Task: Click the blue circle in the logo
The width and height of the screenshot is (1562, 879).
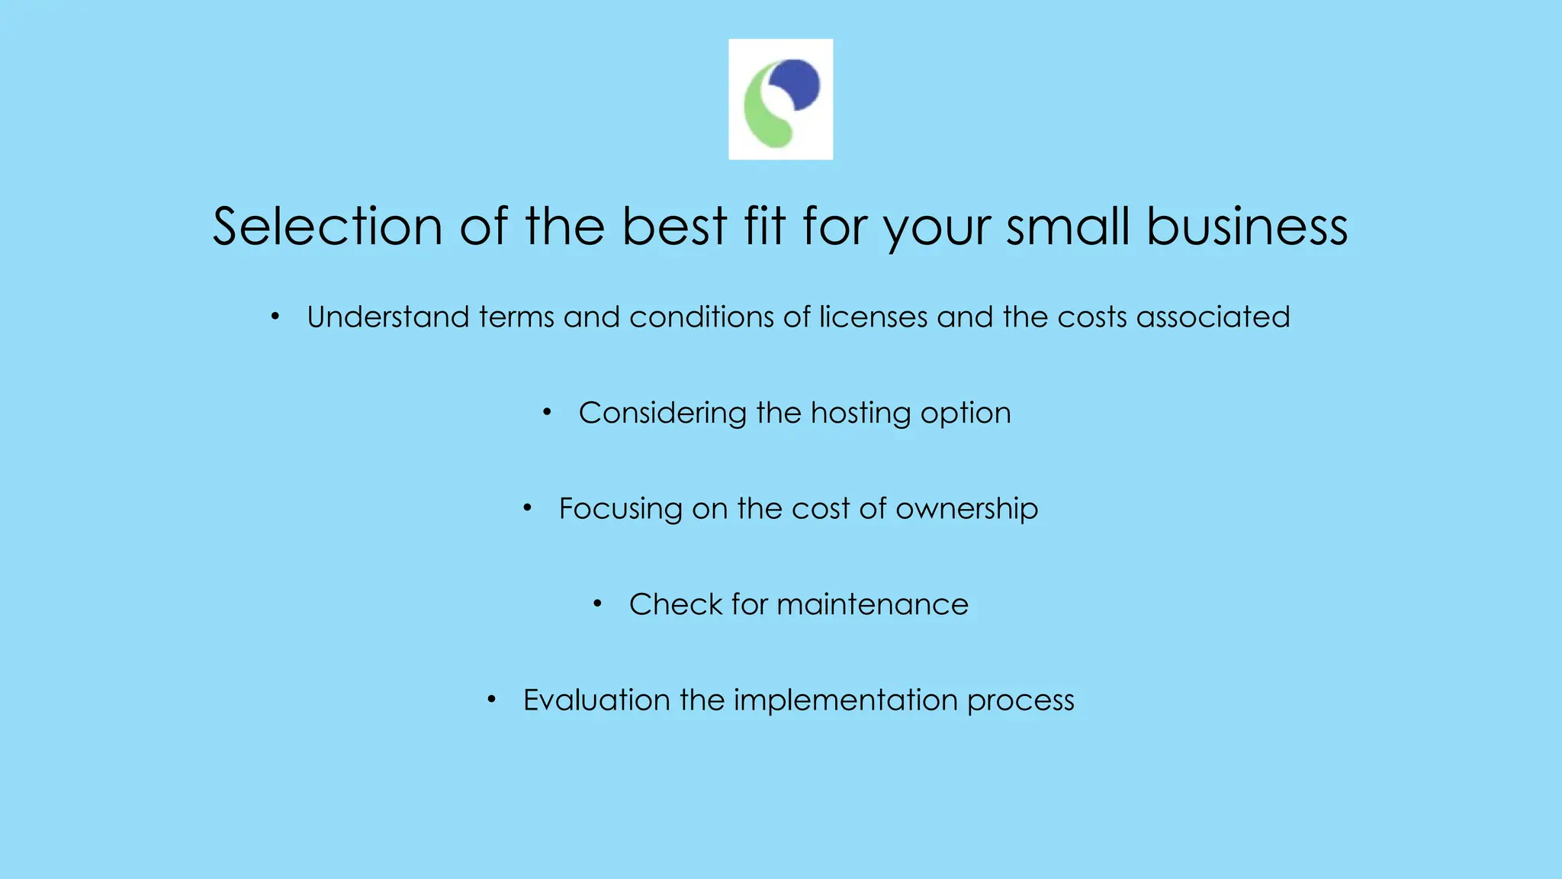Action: click(795, 84)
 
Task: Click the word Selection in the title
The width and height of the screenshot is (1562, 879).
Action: click(327, 227)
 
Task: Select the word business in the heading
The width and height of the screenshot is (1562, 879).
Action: click(1247, 227)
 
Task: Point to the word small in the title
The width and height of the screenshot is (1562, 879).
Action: click(1068, 227)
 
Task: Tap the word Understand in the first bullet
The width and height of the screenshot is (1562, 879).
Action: click(387, 317)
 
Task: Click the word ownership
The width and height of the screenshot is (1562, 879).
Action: click(966, 509)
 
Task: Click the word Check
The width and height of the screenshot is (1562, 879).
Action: click(675, 604)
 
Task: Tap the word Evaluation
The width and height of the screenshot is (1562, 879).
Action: click(596, 700)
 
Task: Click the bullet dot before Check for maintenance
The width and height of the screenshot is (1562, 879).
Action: click(598, 604)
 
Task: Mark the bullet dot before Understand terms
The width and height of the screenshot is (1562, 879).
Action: click(275, 317)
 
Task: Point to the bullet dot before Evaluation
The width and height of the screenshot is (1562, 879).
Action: click(492, 700)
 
